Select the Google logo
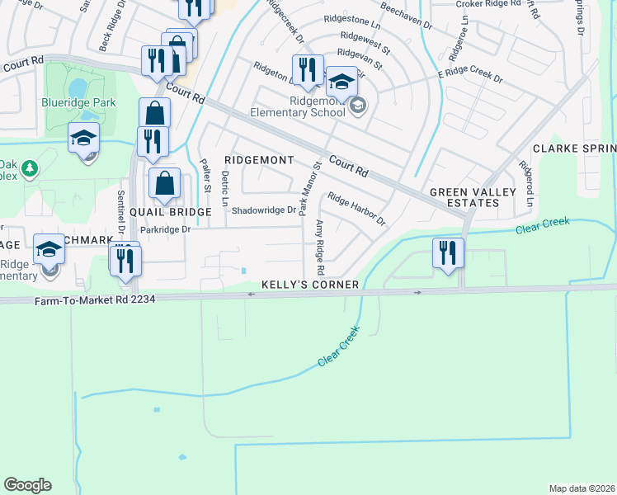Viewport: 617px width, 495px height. pos(27,485)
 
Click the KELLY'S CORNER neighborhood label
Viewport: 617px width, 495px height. pos(310,285)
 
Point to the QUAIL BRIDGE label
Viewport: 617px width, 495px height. pos(170,211)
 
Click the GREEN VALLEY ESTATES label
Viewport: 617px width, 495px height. pos(473,197)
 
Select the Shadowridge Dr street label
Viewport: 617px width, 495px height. pos(263,210)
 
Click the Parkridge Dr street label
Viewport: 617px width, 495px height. pos(165,229)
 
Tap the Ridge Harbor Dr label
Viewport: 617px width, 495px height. pos(356,210)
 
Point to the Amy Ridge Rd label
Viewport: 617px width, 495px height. pos(320,247)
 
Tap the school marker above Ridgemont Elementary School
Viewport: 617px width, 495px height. pos(342,81)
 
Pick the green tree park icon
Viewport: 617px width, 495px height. pos(30,169)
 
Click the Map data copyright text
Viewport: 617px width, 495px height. pos(582,488)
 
